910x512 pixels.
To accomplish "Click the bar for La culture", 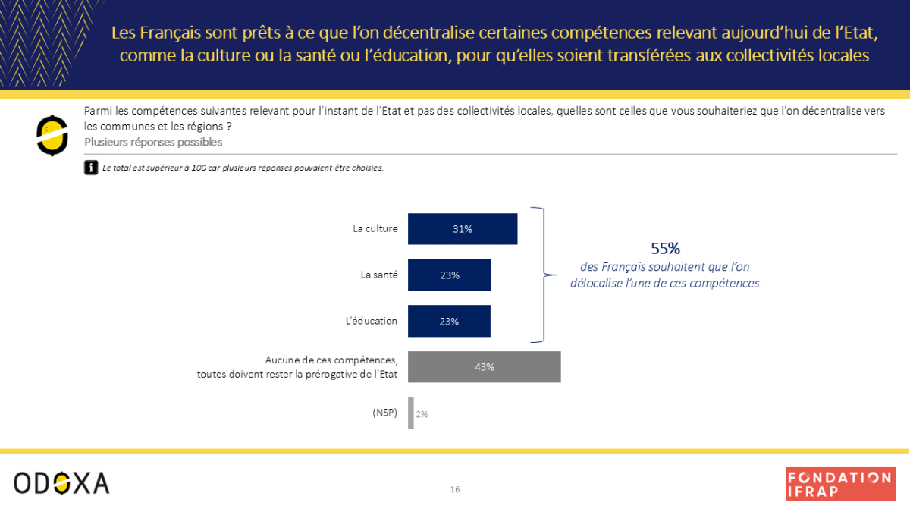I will pos(463,229).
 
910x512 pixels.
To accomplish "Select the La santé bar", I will pos(450,275).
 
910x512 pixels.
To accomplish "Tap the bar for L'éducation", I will pos(450,321).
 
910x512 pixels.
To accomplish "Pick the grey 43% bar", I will pos(485,367).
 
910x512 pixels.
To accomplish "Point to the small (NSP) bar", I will pos(411,413).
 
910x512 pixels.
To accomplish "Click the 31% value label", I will pos(463,229).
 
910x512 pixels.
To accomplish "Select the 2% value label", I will pos(422,414).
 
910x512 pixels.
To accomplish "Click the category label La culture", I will pos(375,229).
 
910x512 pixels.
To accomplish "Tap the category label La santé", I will pos(379,275).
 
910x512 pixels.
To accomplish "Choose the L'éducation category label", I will pos(372,321).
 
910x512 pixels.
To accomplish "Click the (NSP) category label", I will pos(384,413).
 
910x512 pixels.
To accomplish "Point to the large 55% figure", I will pos(665,248).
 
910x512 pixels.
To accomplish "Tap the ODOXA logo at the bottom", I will pos(61,483).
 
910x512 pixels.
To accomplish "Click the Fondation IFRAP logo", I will pos(839,484).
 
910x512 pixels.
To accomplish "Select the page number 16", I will pos(455,489).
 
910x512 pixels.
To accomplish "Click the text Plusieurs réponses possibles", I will pos(154,142).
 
